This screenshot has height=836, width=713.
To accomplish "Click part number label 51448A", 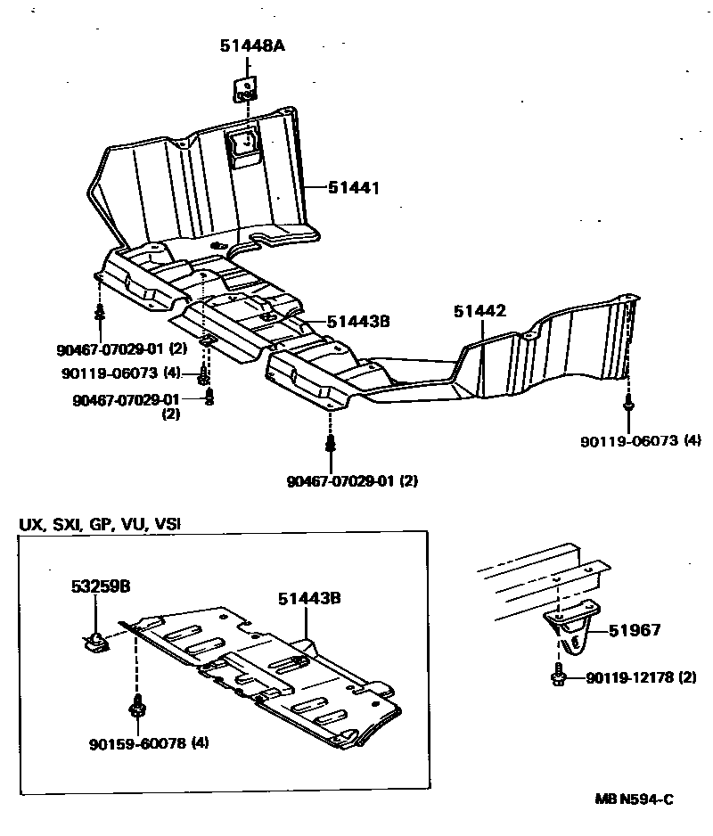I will point(252,46).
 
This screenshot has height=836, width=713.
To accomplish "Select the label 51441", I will point(353,188).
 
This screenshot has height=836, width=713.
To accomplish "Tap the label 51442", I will point(479,311).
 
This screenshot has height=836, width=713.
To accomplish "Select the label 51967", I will point(635,630).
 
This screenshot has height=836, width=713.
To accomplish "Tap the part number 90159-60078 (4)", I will point(149,742).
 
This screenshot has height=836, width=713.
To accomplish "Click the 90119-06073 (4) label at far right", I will point(638,440).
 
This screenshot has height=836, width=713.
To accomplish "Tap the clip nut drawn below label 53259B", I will point(94,640).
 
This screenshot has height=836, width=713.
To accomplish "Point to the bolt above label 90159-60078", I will point(137,707).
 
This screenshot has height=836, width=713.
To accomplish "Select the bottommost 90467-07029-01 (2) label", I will point(352,481).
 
